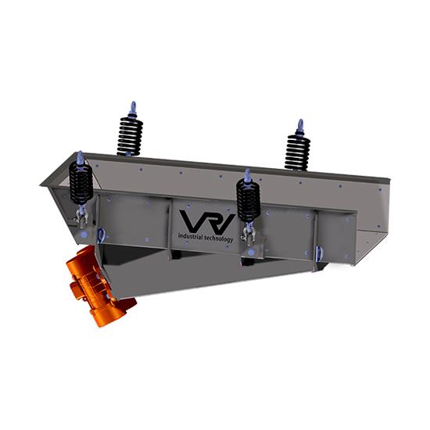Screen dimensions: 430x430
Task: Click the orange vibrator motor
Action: pos(95,285)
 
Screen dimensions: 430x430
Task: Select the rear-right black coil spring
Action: pos(297,152)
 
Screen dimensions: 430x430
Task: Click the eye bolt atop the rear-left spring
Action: pos(132,108)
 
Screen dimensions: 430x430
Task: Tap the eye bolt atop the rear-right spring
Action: pos(299,126)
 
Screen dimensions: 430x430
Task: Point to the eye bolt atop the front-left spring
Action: pos(80,156)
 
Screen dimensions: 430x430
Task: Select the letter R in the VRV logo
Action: pos(206,220)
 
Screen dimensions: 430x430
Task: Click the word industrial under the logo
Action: pos(192,235)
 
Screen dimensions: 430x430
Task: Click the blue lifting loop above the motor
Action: pos(102,235)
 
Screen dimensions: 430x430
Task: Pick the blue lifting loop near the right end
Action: pos(319,253)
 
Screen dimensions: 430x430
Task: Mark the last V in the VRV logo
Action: pos(224,220)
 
